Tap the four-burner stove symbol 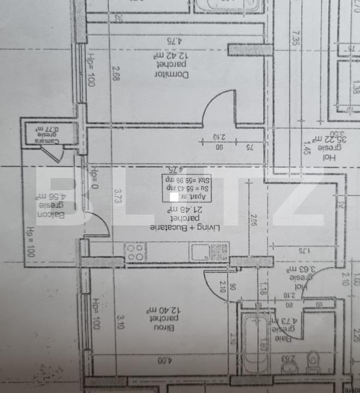click(135, 252)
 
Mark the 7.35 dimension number click(296, 40)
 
